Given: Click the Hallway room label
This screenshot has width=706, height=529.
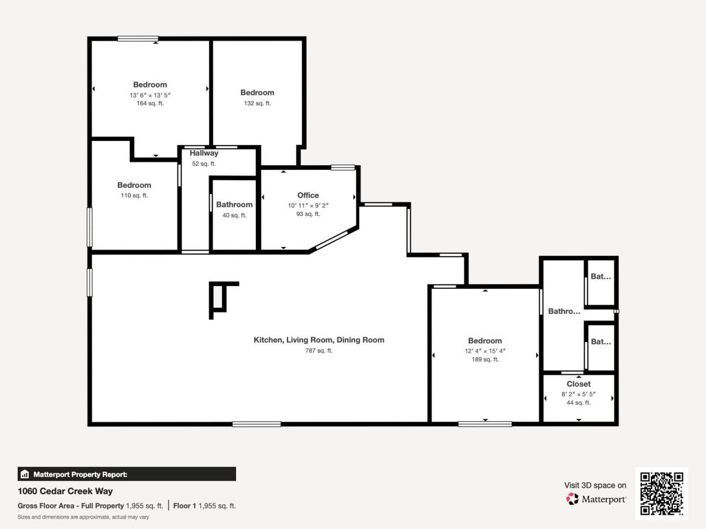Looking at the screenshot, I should point(204,153).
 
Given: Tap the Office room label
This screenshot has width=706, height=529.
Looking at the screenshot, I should point(308,195).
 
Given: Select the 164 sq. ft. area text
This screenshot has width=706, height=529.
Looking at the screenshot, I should point(150,104).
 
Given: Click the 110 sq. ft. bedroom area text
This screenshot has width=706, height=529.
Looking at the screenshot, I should point(134,196).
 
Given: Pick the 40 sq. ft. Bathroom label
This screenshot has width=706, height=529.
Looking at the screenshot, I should point(234,204).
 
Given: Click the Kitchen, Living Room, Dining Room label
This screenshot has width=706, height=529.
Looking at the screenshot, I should point(319,340).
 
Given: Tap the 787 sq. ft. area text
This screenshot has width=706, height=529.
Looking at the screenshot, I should point(319,350).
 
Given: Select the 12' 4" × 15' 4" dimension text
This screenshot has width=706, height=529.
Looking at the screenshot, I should point(485,351).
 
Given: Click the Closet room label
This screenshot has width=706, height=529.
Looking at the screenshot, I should point(579,384).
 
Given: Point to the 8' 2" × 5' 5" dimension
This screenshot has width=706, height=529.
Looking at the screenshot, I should point(579,394).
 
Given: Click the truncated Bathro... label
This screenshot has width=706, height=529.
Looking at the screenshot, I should point(564,311).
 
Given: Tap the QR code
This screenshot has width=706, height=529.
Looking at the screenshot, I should point(661,493).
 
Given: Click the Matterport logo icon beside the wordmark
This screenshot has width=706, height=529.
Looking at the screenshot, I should point(572,499).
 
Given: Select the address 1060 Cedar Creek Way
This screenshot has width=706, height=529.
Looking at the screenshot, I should point(65,491).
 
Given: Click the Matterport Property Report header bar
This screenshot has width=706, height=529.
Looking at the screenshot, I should point(127,474).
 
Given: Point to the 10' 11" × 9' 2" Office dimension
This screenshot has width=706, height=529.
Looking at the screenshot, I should point(308,206).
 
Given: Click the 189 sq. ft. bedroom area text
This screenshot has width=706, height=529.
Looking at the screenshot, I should point(485,360).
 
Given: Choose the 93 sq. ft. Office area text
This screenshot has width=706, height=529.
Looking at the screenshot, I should point(308,214).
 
